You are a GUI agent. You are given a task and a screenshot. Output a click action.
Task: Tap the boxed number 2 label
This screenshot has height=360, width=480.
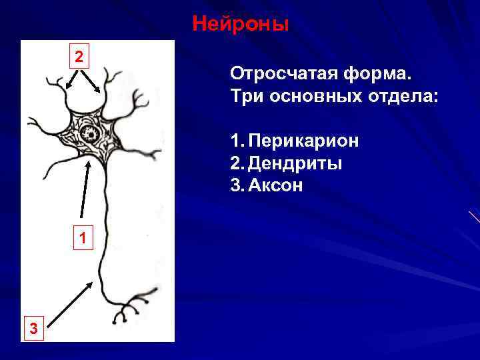coord(79,57)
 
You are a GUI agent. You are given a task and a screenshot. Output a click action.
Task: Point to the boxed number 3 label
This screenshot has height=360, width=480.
coord(33,327)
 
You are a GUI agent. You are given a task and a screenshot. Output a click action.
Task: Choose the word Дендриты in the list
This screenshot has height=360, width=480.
coord(295,163)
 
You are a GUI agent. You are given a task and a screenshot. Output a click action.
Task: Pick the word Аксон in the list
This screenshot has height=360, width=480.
coord(276,185)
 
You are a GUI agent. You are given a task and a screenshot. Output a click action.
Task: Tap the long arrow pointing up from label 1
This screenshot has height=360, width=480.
coord(84,190)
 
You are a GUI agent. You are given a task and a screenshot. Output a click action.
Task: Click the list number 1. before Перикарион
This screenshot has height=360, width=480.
coord(237,141)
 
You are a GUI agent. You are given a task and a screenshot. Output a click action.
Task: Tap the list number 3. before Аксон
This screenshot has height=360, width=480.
coord(237,185)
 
